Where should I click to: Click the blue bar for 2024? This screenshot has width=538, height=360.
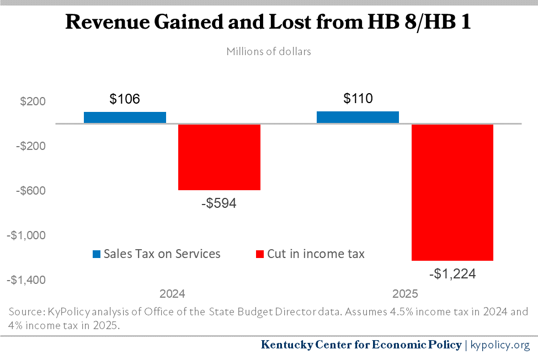125,117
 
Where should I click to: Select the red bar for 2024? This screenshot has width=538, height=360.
219,157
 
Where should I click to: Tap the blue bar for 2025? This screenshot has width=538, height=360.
358,117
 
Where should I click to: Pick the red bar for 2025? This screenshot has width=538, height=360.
452,192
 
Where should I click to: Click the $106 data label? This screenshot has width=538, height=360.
125,99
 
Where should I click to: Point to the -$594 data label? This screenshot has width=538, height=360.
219,203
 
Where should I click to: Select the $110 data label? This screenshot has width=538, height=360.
358,99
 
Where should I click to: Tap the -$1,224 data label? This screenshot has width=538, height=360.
452,273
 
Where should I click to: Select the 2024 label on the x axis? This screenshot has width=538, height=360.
172,293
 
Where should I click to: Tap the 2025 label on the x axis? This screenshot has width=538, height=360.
405,293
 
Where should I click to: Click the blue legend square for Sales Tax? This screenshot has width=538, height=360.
97,254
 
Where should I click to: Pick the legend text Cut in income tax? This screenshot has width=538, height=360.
316,254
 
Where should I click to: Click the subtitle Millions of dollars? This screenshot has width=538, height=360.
269,52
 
